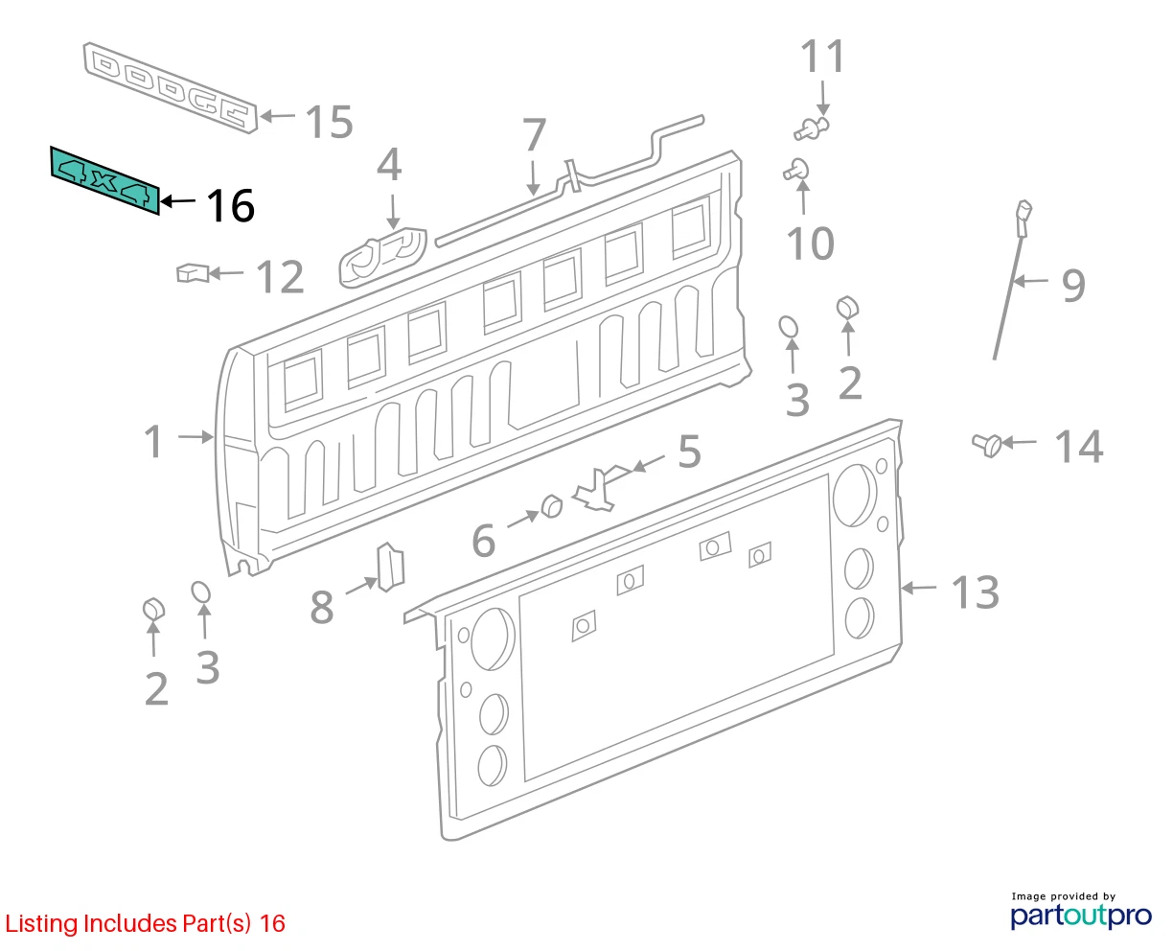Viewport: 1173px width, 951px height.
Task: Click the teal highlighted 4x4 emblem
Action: tap(104, 180)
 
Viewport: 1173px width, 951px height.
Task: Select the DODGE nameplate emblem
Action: tap(171, 88)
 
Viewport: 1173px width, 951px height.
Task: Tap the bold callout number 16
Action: tap(231, 205)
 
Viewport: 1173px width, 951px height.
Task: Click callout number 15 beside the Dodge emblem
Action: tap(329, 122)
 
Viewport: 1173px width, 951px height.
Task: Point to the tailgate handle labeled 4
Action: tap(382, 258)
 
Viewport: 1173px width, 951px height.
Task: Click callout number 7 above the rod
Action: tap(534, 134)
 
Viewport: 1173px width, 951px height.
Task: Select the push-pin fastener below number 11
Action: tap(811, 128)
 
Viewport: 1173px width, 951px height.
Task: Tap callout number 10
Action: tap(811, 243)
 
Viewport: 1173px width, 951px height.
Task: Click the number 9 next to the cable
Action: tap(1073, 286)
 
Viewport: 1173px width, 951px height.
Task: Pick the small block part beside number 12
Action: tap(193, 272)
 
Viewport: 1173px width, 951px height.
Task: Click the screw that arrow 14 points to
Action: tap(987, 445)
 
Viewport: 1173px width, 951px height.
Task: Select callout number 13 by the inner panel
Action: tap(976, 591)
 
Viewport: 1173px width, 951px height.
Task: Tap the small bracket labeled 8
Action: tap(390, 567)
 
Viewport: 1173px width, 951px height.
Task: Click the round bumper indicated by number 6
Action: tap(552, 506)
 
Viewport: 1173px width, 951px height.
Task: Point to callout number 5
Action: tap(689, 452)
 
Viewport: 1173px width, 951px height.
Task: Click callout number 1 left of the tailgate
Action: tap(153, 441)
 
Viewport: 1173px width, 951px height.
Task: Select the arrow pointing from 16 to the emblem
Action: tap(178, 201)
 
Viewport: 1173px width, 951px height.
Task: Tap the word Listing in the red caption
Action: tap(41, 924)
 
